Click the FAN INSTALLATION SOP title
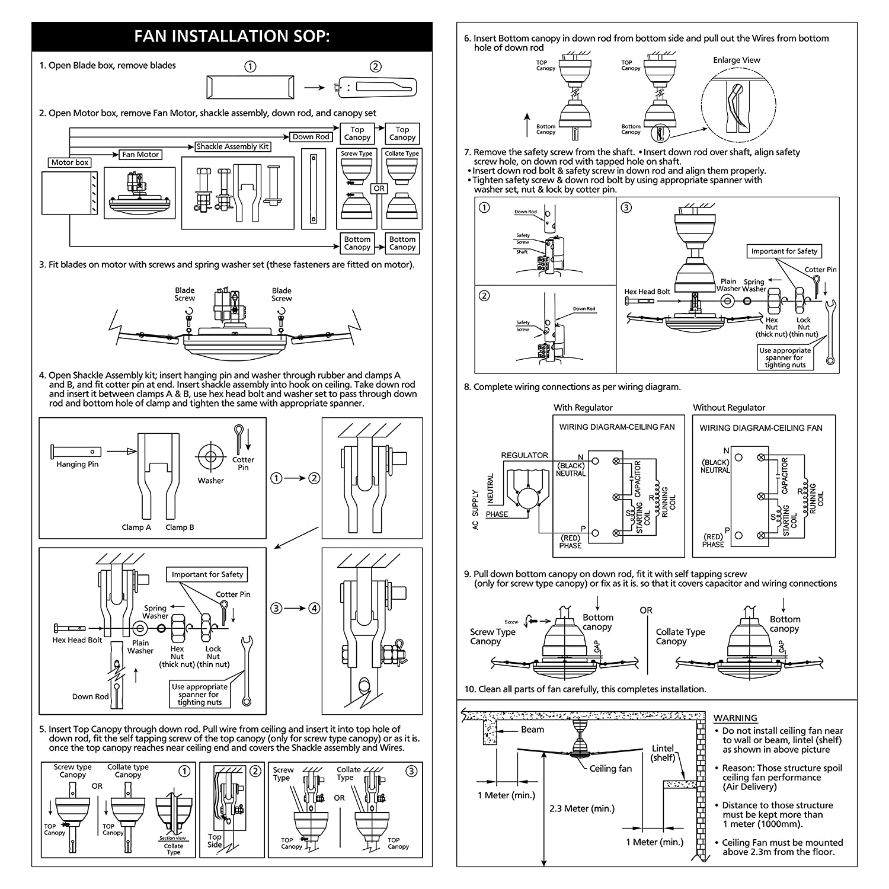(232, 37)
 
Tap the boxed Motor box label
(70, 162)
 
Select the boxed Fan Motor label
(140, 155)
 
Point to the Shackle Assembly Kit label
(233, 146)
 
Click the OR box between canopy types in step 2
(379, 188)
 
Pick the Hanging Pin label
(77, 465)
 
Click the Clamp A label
(136, 527)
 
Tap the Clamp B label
(180, 527)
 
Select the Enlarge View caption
(736, 60)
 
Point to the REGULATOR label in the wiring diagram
(525, 455)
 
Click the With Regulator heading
(583, 408)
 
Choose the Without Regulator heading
(729, 408)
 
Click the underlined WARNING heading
(735, 718)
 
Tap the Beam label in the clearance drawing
(532, 730)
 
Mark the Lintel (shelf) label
(663, 753)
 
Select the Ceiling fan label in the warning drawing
(610, 769)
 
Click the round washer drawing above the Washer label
(210, 456)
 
